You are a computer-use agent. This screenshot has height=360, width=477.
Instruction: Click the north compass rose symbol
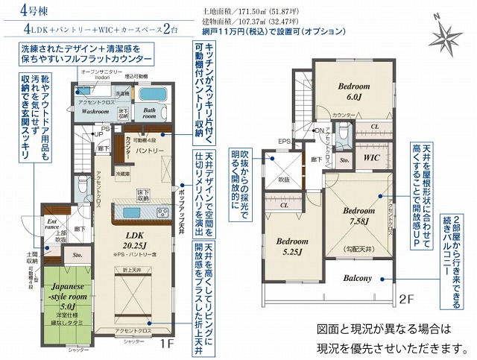(449, 32)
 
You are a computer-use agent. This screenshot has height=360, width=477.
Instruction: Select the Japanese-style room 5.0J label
(65, 295)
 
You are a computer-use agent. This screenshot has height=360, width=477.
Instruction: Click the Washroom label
(95, 110)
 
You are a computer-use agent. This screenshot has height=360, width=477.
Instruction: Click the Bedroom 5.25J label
(291, 247)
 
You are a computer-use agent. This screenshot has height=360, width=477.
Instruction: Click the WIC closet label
(372, 158)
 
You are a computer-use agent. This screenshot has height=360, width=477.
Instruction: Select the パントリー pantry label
(149, 151)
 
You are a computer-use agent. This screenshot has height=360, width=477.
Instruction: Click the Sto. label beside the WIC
(344, 159)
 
